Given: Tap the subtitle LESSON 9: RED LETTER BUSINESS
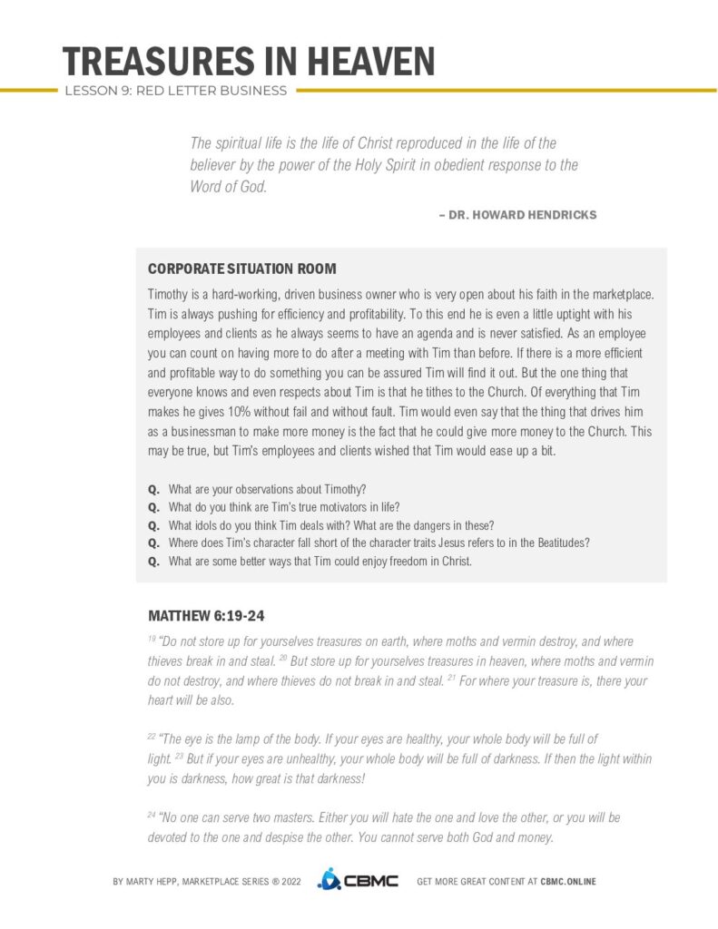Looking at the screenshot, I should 175,91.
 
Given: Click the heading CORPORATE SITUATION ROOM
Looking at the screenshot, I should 241,269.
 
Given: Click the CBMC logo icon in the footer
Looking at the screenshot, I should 329,880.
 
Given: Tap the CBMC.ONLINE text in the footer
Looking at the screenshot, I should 568,881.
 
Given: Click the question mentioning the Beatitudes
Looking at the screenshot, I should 379,543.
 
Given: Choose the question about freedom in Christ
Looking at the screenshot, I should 320,561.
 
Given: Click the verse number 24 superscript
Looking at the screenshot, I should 152,815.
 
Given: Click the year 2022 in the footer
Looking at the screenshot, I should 292,881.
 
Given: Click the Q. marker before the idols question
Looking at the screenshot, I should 153,525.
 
